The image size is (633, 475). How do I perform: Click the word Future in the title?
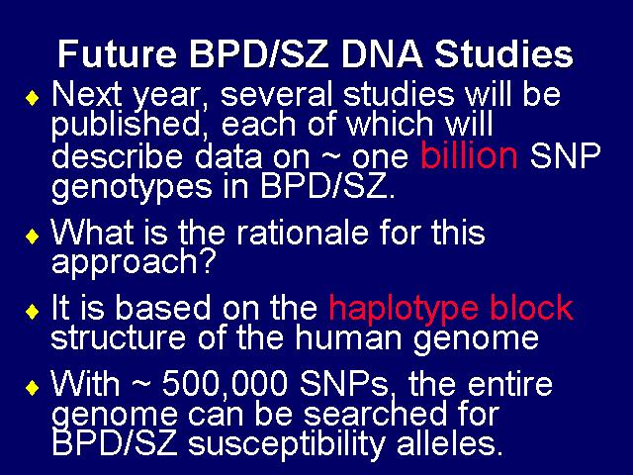(x=117, y=54)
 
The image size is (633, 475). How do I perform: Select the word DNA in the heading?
(x=382, y=54)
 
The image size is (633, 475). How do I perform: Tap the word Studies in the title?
(x=503, y=54)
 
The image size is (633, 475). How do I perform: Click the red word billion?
(x=469, y=156)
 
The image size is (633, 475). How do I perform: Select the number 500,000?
(x=225, y=384)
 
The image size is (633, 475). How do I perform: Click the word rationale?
(x=302, y=233)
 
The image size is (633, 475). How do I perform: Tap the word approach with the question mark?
(x=133, y=262)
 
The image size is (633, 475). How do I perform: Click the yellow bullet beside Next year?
(x=33, y=98)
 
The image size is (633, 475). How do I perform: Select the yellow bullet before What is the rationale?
(x=33, y=237)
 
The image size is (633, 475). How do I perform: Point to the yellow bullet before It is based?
(x=33, y=312)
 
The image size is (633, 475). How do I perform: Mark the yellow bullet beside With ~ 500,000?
(x=33, y=388)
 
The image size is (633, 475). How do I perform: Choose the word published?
(x=126, y=125)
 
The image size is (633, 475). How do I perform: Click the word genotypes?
(x=132, y=188)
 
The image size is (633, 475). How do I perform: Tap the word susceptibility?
(x=287, y=445)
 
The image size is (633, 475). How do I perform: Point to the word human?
(x=348, y=336)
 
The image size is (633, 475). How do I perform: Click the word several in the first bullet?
(x=276, y=95)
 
